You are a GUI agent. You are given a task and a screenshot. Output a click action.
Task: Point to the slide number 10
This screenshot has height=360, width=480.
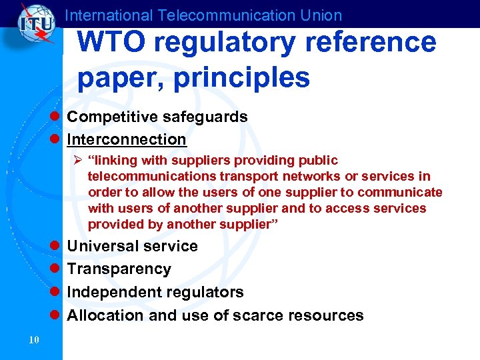tap(35, 341)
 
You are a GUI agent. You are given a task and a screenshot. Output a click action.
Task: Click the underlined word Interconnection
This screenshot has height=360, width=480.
tap(127, 139)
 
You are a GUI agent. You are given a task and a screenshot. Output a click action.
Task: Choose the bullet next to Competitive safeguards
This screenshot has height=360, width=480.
tap(57, 117)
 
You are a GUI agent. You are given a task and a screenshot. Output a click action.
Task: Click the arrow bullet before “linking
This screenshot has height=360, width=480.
tap(79, 161)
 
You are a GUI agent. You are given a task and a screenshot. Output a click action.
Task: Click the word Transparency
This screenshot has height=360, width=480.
tap(119, 269)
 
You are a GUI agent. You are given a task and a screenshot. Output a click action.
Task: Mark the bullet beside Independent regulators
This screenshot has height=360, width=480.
tap(57, 292)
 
